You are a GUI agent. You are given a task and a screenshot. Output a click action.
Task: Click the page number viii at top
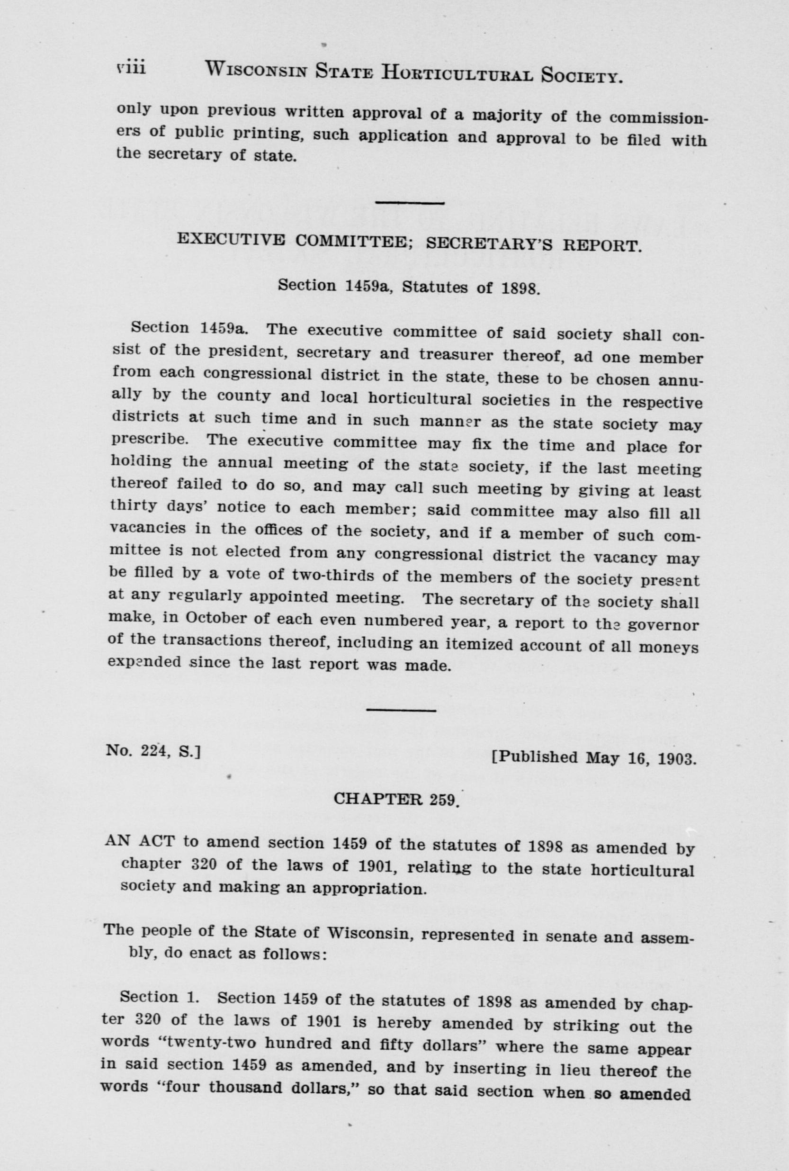click(x=130, y=67)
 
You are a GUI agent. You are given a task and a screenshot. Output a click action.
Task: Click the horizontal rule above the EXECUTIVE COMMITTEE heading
click(x=410, y=203)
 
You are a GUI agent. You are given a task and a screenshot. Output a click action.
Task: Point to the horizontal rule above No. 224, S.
click(x=401, y=710)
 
